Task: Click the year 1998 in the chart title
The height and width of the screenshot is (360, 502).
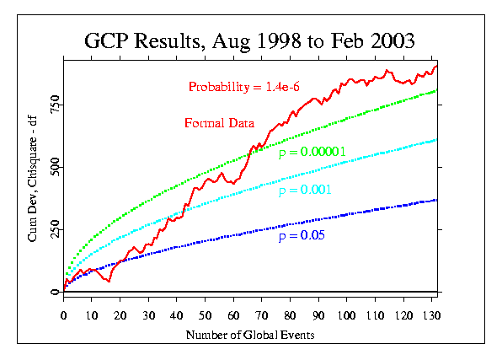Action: [x=279, y=40]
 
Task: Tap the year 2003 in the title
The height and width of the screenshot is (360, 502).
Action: [x=393, y=40]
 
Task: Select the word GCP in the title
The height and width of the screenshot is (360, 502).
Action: [x=106, y=40]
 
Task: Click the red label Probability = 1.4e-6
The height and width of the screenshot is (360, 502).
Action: [x=244, y=87]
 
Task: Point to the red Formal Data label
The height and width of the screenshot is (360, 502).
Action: [x=220, y=123]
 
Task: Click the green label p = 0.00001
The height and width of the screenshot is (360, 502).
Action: [x=312, y=152]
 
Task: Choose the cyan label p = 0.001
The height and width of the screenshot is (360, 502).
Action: [x=305, y=190]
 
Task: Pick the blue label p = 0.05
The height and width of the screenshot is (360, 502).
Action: [x=302, y=236]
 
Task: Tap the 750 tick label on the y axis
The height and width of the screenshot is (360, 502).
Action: [x=55, y=105]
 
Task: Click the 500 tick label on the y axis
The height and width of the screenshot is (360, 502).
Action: [x=55, y=167]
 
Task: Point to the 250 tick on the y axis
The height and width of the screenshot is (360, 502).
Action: [x=55, y=229]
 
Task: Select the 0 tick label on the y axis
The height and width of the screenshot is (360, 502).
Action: [x=55, y=292]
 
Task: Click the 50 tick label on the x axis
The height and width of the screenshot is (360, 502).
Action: [x=206, y=316]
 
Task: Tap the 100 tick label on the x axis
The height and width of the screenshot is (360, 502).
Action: [x=347, y=316]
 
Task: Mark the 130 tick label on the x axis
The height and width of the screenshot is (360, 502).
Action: [x=432, y=316]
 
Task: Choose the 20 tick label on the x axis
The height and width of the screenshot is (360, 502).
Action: [x=120, y=316]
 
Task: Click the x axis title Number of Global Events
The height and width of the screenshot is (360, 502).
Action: [x=250, y=335]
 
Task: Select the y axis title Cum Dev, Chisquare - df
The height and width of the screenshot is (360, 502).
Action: [x=32, y=180]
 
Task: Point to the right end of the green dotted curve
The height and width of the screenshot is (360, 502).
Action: [x=436, y=90]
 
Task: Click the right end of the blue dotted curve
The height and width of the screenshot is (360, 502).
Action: [x=436, y=200]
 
